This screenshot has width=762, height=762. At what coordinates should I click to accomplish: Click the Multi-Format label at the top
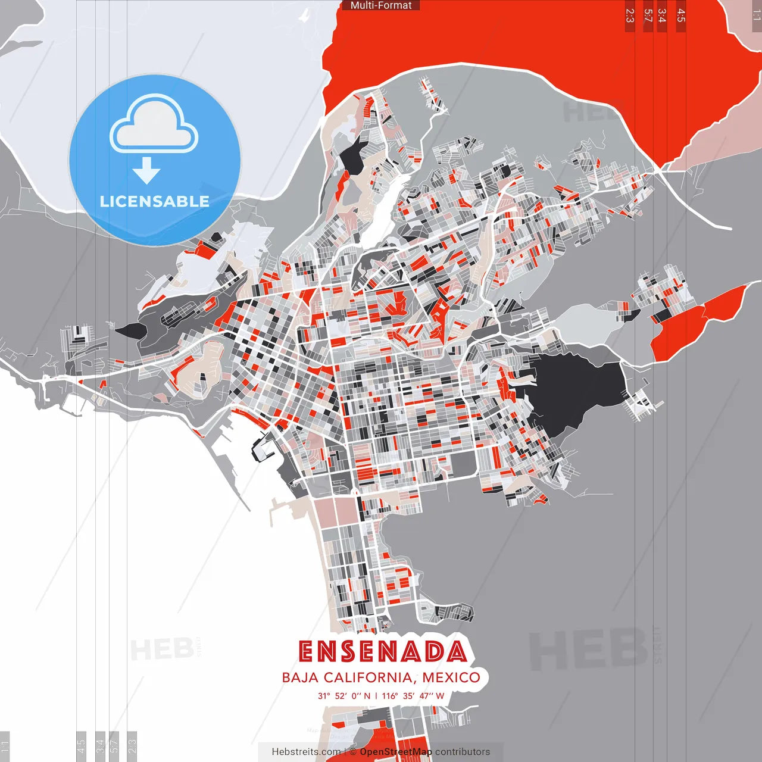click(x=381, y=5)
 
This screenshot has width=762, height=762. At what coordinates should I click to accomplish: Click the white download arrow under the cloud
click(x=146, y=170)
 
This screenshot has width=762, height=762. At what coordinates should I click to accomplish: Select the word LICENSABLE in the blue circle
click(x=154, y=201)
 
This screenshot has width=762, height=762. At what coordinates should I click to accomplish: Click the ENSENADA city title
click(x=382, y=651)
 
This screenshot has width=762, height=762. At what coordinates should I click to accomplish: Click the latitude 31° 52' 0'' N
click(x=343, y=696)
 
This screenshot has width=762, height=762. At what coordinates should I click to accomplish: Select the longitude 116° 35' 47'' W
click(x=413, y=696)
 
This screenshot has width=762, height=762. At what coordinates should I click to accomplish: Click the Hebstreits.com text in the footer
click(x=306, y=752)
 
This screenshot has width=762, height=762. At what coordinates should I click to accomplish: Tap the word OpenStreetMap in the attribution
click(x=395, y=752)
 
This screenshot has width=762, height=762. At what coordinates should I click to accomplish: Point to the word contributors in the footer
click(x=463, y=752)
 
